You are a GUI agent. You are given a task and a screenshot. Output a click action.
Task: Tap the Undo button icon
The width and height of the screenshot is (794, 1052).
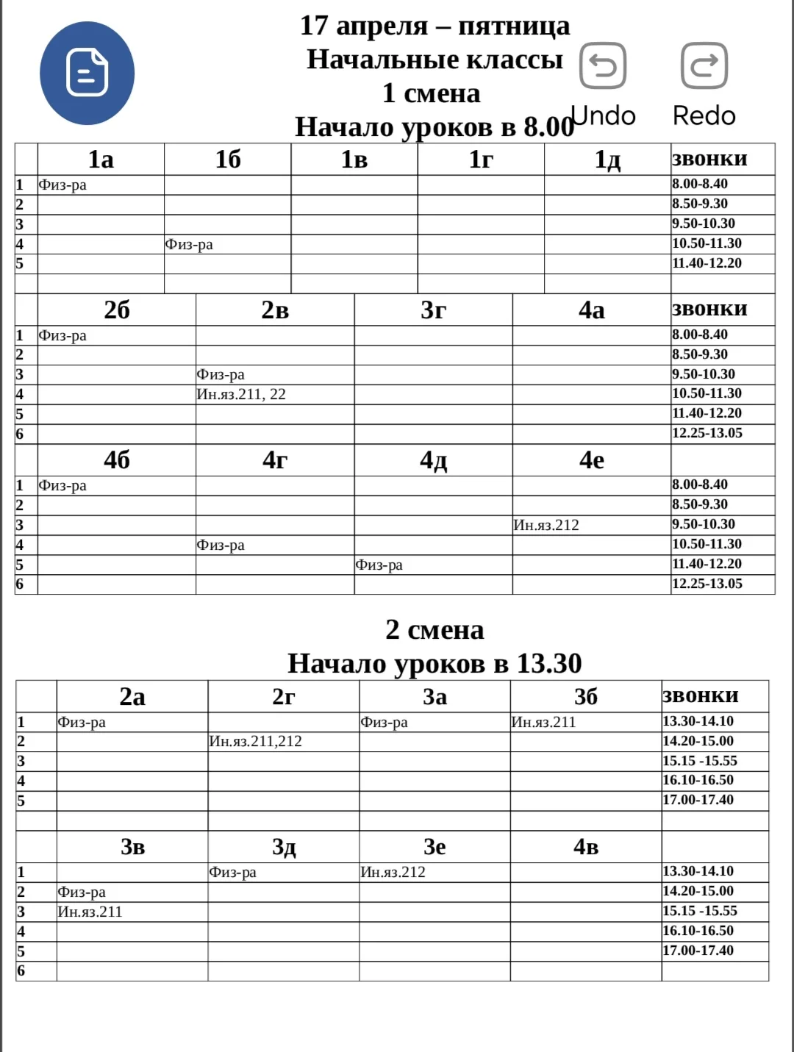click(603, 65)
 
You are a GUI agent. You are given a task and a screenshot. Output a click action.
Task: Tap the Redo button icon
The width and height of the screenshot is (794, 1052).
click(704, 65)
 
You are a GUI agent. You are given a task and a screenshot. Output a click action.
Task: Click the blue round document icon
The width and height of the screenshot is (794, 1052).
click(87, 73)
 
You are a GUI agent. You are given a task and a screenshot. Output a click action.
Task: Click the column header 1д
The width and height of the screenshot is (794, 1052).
click(607, 160)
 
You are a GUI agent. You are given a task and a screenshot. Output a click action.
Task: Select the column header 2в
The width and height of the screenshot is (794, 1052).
click(275, 310)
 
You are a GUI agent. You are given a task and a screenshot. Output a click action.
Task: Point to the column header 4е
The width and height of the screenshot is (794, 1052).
click(591, 460)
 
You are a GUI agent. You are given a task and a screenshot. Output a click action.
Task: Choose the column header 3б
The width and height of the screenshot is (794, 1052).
click(585, 696)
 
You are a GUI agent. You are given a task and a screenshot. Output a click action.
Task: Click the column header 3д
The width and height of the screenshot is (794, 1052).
click(284, 847)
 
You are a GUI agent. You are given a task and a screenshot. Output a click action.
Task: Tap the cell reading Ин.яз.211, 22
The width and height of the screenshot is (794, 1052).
click(241, 395)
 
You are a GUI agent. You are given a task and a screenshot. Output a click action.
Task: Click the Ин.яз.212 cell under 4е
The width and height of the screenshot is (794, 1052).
click(546, 525)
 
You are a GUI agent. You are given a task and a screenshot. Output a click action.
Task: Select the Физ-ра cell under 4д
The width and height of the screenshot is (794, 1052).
click(379, 565)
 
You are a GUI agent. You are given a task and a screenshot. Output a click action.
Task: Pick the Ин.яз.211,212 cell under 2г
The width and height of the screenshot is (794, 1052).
click(256, 741)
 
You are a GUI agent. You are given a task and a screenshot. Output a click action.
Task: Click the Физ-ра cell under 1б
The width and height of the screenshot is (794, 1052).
click(189, 244)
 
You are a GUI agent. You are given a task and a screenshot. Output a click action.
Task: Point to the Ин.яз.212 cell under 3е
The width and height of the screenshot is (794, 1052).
click(393, 872)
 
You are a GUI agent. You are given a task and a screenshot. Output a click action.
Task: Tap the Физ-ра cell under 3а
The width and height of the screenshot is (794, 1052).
click(384, 722)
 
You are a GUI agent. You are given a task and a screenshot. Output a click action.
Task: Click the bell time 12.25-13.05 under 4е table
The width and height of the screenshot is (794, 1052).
click(707, 584)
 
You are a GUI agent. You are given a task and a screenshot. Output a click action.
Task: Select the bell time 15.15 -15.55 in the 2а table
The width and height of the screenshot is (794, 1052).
click(700, 761)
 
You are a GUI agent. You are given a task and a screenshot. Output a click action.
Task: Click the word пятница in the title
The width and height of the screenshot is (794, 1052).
click(514, 26)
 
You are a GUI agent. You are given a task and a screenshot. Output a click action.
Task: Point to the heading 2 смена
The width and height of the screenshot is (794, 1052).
click(434, 630)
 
